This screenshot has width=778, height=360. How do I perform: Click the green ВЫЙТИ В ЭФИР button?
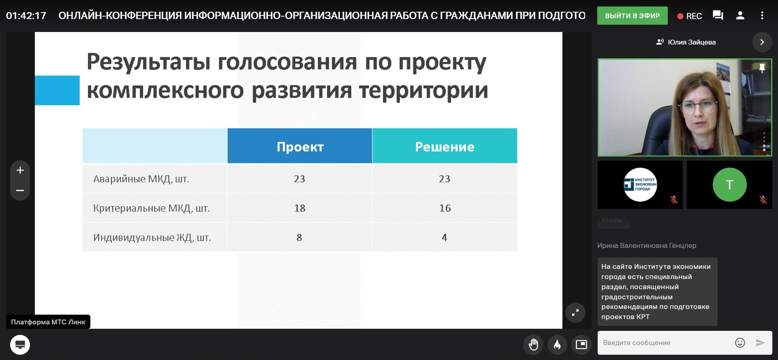(632, 16)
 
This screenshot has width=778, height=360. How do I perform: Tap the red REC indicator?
(690, 16)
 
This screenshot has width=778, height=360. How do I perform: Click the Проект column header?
(300, 146)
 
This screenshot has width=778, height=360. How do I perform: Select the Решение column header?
(445, 146)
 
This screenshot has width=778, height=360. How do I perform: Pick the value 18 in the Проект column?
(299, 208)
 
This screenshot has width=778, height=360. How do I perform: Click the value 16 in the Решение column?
(445, 208)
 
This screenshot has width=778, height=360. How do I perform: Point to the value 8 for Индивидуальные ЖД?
(299, 237)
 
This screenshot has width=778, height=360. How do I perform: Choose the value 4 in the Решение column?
(445, 237)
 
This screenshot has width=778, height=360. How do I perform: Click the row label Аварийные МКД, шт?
(141, 179)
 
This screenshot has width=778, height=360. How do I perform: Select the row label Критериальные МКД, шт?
(152, 208)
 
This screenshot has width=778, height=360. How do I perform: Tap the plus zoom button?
(20, 170)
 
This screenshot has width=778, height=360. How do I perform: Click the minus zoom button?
(20, 190)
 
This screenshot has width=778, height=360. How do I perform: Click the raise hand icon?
(533, 345)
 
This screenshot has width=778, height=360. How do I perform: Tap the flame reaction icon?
(557, 345)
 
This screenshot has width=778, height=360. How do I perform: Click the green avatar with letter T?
(729, 185)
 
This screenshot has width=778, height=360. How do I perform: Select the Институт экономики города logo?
(640, 185)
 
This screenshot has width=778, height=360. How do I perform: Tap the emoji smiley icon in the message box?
(740, 343)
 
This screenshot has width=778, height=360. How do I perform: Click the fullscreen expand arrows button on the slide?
(575, 313)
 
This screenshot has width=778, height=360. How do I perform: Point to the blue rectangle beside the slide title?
(57, 90)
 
